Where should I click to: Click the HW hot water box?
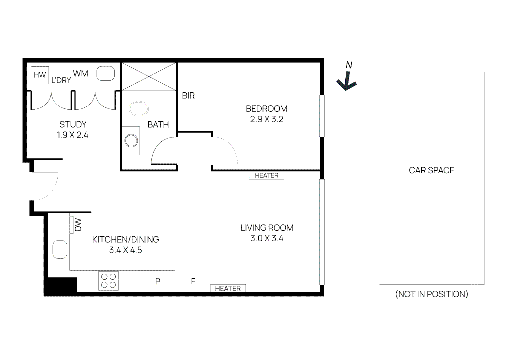(40, 75)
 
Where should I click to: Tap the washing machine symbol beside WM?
(105, 74)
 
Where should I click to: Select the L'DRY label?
(61, 80)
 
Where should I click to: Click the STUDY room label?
(73, 124)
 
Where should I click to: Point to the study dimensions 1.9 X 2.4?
(73, 135)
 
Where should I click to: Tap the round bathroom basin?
(131, 141)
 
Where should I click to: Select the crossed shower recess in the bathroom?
(149, 76)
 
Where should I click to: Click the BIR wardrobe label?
(188, 96)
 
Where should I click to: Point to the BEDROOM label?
(266, 109)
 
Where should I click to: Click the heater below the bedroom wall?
(266, 176)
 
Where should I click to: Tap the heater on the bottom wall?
(228, 288)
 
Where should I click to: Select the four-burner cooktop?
(108, 281)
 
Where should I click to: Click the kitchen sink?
(60, 249)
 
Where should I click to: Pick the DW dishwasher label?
(78, 225)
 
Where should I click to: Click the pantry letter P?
(158, 282)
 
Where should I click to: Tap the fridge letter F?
(193, 281)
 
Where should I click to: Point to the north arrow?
(347, 80)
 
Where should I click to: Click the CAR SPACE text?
(431, 170)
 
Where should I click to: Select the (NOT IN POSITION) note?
(431, 294)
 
